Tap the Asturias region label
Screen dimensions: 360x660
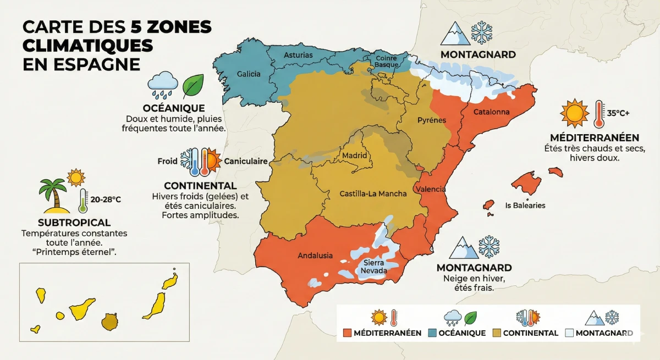pyautogui.click(x=298, y=55)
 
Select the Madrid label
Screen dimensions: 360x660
pyautogui.click(x=354, y=156)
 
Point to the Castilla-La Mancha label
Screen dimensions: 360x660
pyautogui.click(x=373, y=193)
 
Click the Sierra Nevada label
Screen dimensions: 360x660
pyautogui.click(x=374, y=267)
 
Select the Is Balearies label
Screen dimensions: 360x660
pyautogui.click(x=525, y=205)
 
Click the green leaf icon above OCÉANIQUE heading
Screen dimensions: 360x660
pyautogui.click(x=193, y=85)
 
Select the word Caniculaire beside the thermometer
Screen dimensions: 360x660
pyautogui.click(x=246, y=162)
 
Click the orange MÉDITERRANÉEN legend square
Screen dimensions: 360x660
pyautogui.click(x=346, y=333)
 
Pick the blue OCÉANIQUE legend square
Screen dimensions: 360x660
pyautogui.click(x=432, y=333)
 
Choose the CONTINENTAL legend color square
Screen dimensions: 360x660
pyautogui.click(x=497, y=333)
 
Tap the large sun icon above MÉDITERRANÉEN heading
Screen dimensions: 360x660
pyautogui.click(x=574, y=113)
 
